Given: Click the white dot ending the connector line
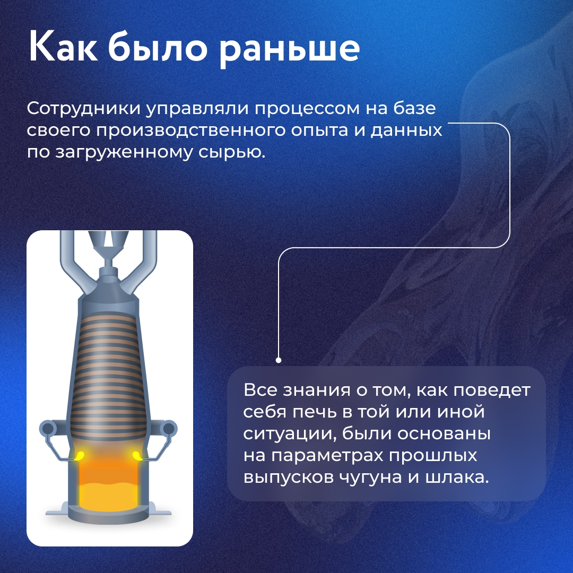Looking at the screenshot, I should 279,360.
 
